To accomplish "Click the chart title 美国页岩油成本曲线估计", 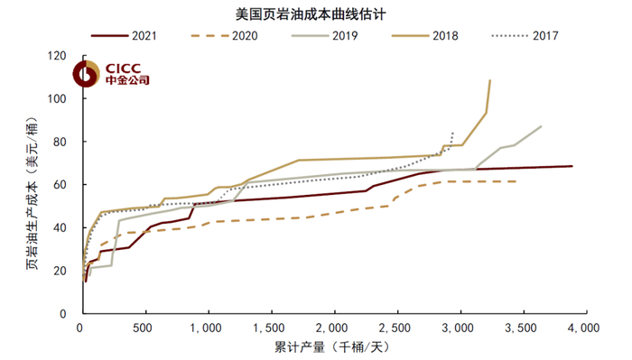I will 315,13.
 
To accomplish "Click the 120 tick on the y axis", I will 64,56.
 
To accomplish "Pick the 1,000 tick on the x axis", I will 208,328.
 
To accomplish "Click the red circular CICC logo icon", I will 90,72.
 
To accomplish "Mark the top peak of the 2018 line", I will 490,80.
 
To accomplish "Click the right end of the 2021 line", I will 572,166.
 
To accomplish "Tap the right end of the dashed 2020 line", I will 516,181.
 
